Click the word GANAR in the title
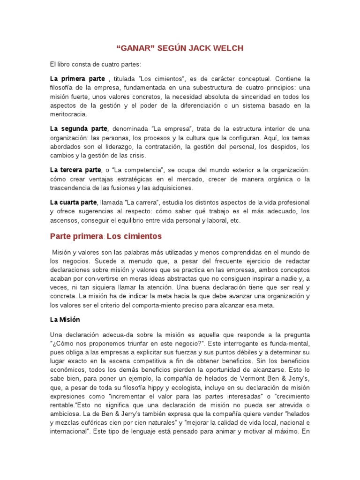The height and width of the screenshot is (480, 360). pos(138,48)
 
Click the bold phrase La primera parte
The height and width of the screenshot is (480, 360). pos(77,78)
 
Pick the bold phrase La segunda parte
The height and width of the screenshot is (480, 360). pos(79,128)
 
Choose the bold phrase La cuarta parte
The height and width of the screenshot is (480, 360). pos(74,202)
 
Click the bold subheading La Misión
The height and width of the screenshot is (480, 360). pos(65,319)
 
